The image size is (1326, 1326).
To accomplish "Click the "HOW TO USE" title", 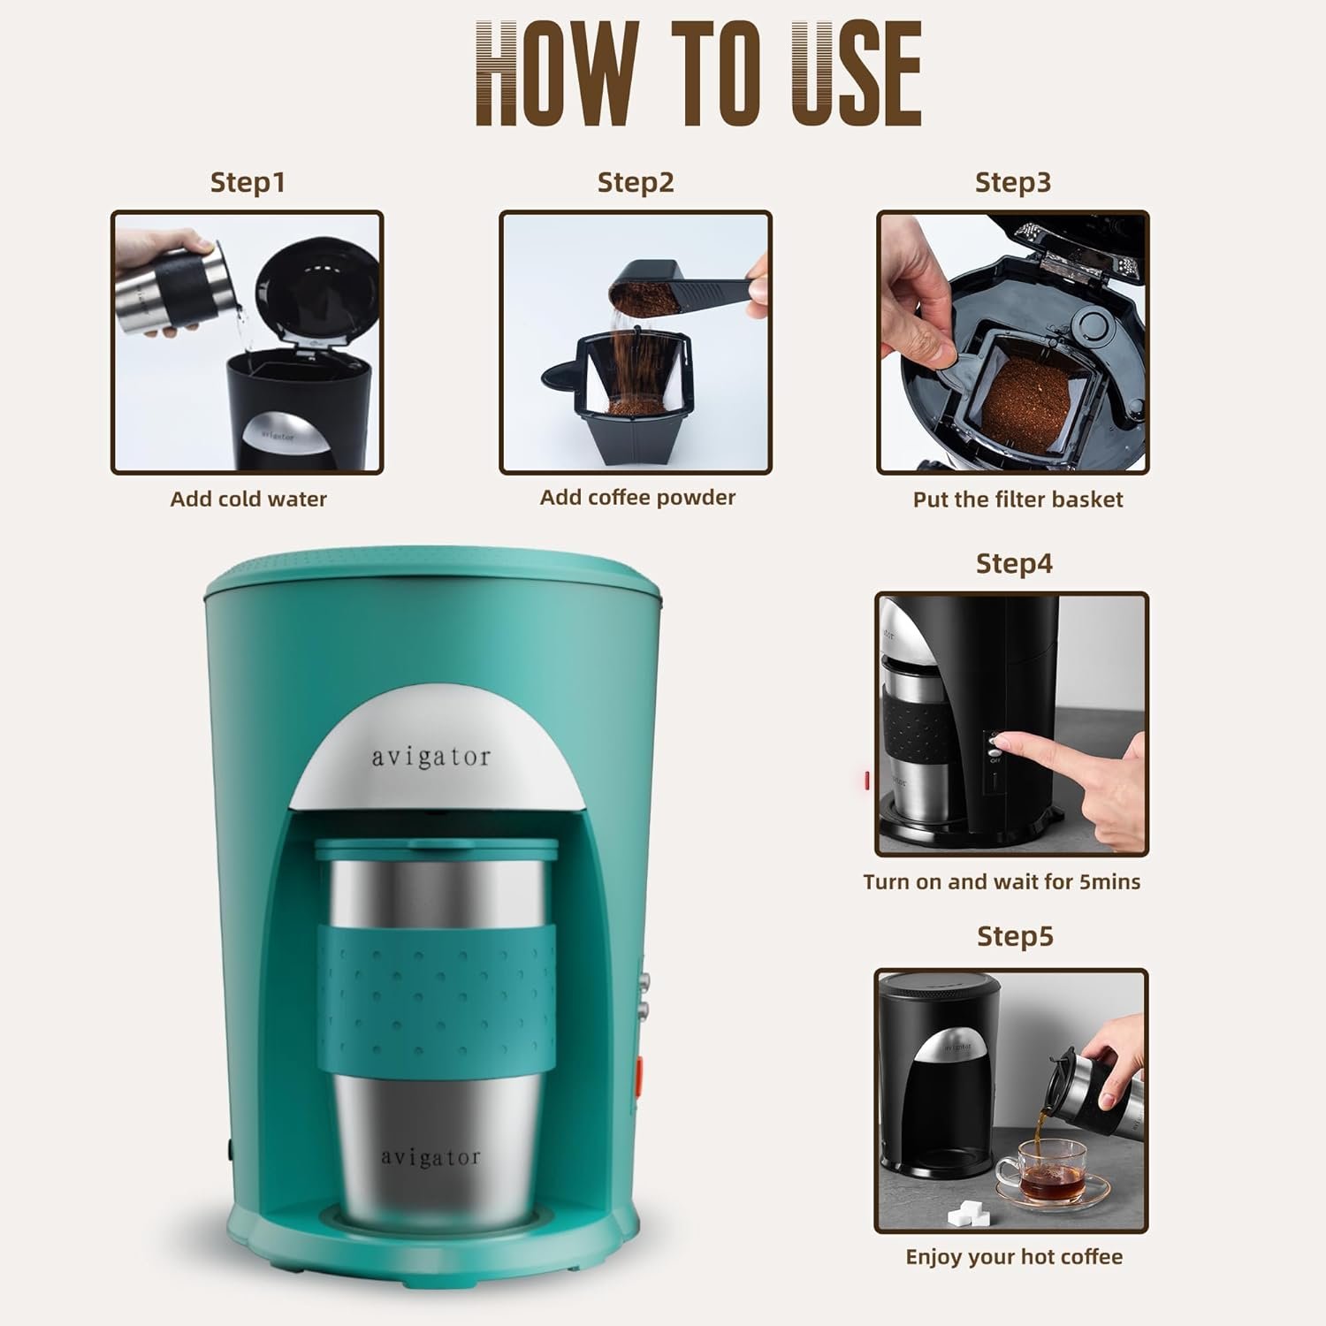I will point(698,75).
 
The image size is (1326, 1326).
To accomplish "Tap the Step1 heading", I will point(248,182).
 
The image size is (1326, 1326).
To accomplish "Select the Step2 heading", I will point(636,182).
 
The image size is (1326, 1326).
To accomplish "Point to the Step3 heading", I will point(1013,182).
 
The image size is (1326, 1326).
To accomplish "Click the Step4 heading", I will point(1014,563).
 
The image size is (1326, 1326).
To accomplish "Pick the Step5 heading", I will point(1015,936).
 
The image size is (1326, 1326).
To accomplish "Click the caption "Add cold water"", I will point(248,499).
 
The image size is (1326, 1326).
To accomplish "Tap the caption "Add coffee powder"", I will point(637,498).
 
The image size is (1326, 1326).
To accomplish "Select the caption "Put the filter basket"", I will point(1017,499).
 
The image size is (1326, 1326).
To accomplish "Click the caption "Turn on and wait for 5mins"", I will point(1002,881).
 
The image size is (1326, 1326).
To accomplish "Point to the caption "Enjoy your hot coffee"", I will point(1014,1257).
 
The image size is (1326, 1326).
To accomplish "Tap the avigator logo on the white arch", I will point(430,758).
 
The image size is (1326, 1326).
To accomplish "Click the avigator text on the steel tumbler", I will point(431,1157).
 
